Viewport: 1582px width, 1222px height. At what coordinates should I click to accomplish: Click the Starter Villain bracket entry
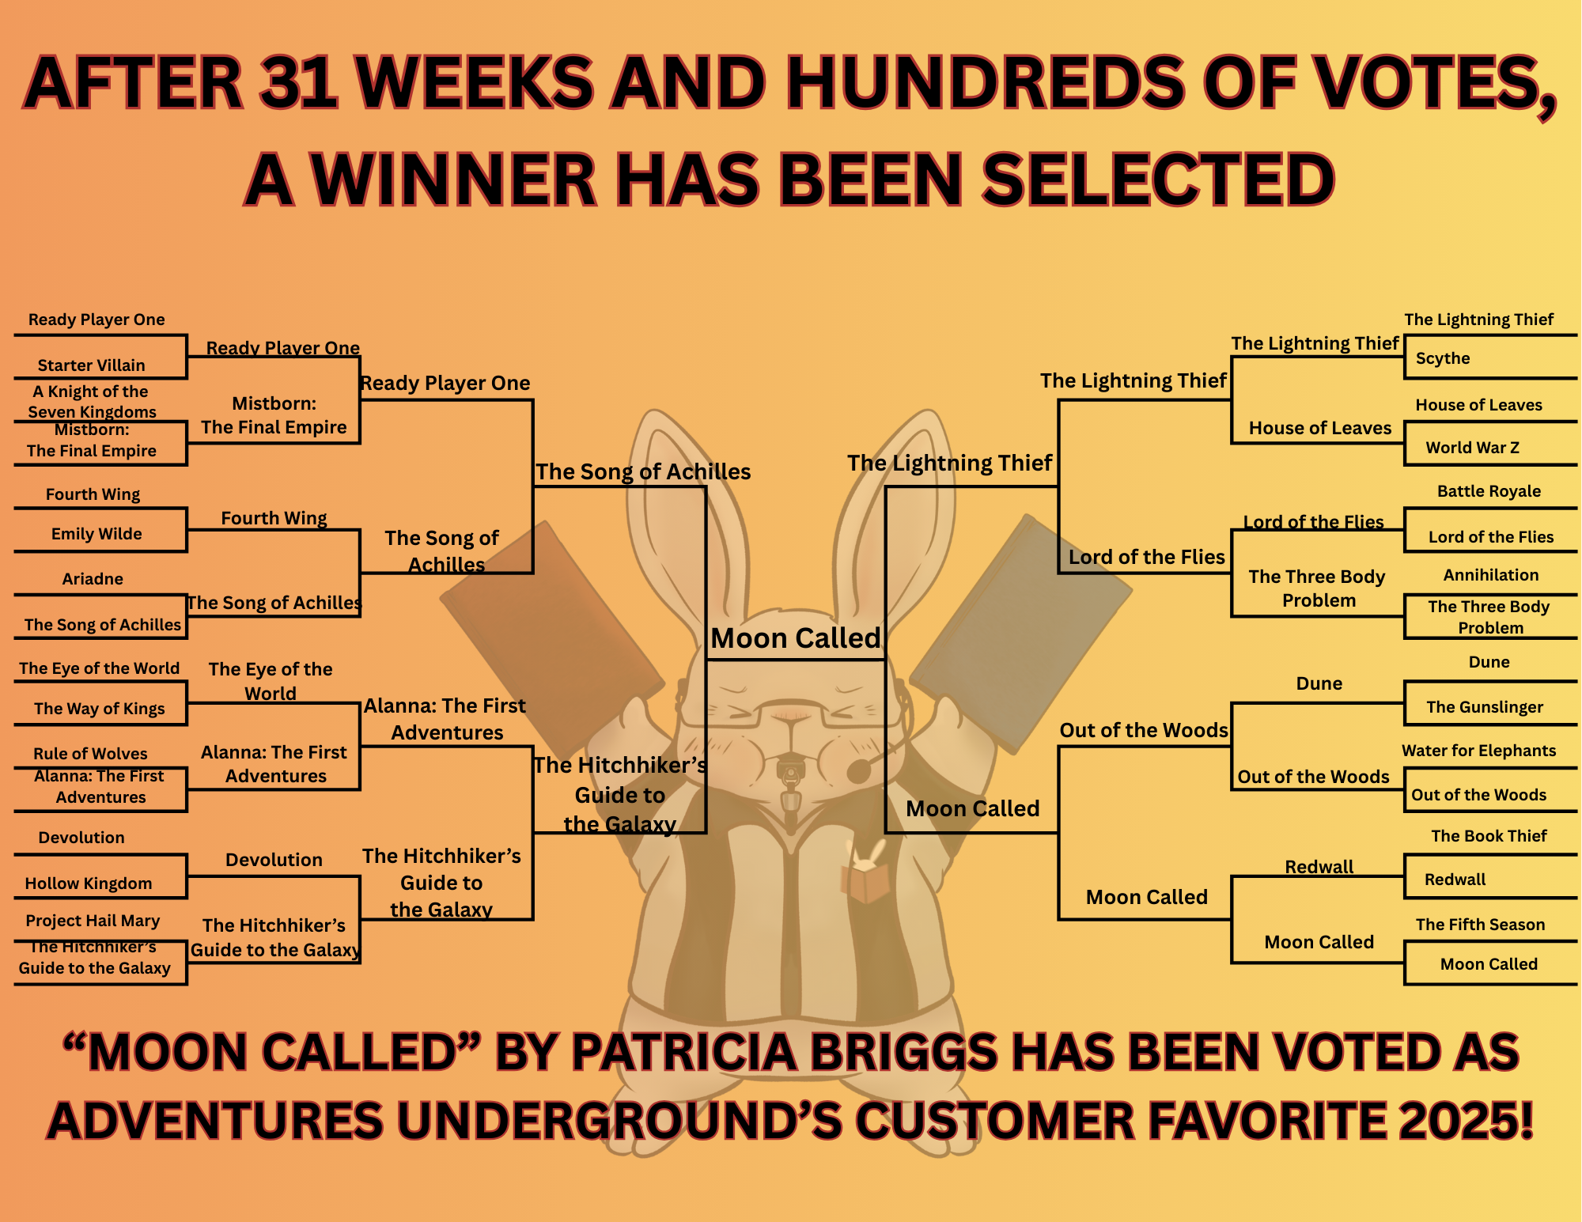92,365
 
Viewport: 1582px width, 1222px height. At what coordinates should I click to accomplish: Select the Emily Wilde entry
97,534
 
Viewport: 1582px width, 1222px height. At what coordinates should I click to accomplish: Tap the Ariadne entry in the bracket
93,579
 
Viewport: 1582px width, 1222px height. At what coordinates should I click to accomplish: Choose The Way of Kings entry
100,709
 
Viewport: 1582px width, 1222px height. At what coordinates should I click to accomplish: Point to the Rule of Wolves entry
90,754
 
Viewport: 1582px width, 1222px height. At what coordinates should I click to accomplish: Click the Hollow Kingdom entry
89,883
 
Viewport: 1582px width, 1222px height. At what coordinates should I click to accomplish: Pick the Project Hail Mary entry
93,921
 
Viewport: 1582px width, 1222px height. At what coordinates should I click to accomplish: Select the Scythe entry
1443,358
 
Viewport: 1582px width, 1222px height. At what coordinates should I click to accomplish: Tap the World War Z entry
1473,448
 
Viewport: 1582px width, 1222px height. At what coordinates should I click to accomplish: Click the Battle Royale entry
1489,491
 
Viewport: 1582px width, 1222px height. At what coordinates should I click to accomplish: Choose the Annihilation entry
1491,575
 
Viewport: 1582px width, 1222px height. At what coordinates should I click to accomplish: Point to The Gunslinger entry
1485,707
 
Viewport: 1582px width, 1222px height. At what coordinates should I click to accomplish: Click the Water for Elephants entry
1478,751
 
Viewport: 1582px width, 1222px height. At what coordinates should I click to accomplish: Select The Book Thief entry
1489,836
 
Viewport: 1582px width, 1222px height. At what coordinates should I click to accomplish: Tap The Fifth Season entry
1480,925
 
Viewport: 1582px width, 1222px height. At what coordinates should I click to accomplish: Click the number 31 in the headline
300,83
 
